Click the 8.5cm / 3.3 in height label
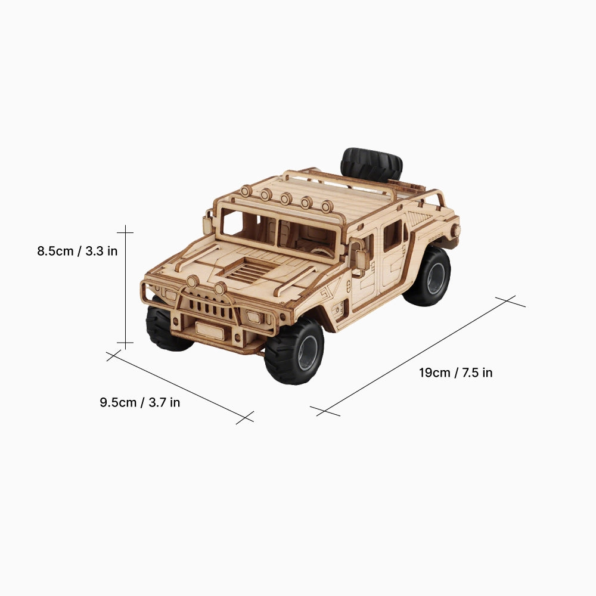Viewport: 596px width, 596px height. (77, 251)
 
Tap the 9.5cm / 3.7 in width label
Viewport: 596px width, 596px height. (139, 402)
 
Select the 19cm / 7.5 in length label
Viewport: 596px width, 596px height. (455, 373)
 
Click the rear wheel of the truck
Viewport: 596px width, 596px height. (427, 277)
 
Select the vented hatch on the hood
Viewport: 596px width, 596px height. (247, 272)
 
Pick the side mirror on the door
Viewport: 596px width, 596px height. (361, 259)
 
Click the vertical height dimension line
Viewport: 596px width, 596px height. (125, 286)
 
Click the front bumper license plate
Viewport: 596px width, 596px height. (210, 331)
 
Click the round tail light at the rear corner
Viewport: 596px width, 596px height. (456, 229)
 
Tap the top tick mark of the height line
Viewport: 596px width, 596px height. (125, 229)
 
